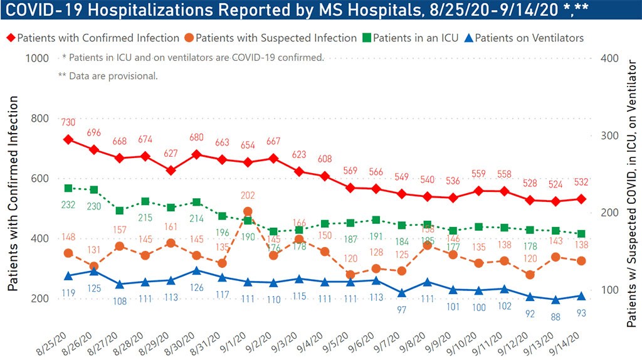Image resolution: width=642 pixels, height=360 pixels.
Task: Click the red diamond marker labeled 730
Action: [68, 139]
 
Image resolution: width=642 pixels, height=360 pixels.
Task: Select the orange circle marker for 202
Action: [248, 211]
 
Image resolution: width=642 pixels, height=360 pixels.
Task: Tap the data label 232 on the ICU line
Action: [68, 204]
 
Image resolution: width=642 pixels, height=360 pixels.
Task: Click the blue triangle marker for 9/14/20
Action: [581, 296]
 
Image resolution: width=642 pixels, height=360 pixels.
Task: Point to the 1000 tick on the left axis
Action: [36, 58]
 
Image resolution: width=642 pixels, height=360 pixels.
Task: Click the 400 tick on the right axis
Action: [611, 58]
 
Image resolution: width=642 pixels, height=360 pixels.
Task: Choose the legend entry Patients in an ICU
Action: [412, 38]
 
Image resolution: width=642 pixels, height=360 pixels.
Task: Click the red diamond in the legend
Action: [10, 38]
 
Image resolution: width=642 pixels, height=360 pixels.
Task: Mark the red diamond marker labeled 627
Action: [171, 170]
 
